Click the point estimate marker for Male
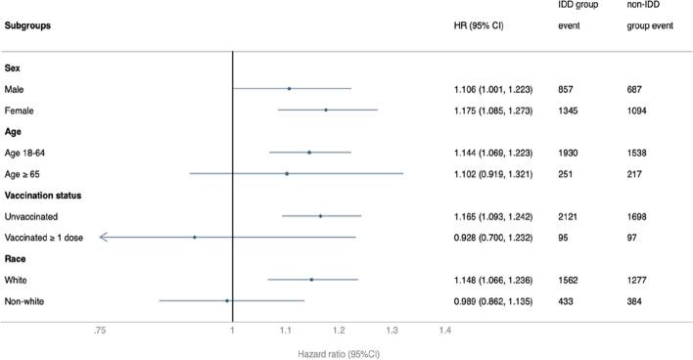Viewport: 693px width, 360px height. [x=289, y=89]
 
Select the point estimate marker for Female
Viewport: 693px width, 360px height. [x=326, y=111]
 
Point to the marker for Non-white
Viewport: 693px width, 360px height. [x=227, y=300]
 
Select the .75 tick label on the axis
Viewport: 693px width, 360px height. [x=99, y=332]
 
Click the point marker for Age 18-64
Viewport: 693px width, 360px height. [x=309, y=153]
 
